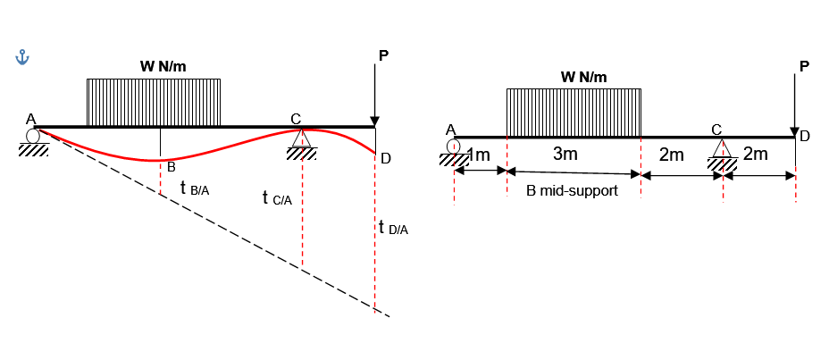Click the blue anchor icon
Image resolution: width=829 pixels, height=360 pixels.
click(22, 58)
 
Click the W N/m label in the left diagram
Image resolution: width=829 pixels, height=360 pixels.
click(163, 67)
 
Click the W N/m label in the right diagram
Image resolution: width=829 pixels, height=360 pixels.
click(583, 77)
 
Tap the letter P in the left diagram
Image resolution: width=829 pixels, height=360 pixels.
click(383, 56)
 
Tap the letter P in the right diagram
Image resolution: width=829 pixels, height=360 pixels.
click(804, 66)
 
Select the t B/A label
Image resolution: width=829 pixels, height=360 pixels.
click(195, 188)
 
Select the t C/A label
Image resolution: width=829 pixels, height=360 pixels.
click(277, 199)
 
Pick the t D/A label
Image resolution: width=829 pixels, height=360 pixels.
click(394, 228)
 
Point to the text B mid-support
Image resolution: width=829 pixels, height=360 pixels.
click(572, 191)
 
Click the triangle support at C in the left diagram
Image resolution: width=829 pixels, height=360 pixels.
click(301, 138)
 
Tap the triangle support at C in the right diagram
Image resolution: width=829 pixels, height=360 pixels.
click(722, 148)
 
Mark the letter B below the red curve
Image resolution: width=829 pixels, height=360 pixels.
click(171, 168)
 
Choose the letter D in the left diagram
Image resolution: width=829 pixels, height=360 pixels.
click(385, 158)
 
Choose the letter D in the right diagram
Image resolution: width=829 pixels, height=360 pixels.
click(805, 137)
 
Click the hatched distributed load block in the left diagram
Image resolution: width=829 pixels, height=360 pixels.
click(154, 103)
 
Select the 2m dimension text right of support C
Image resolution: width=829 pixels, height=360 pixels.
click(756, 154)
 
